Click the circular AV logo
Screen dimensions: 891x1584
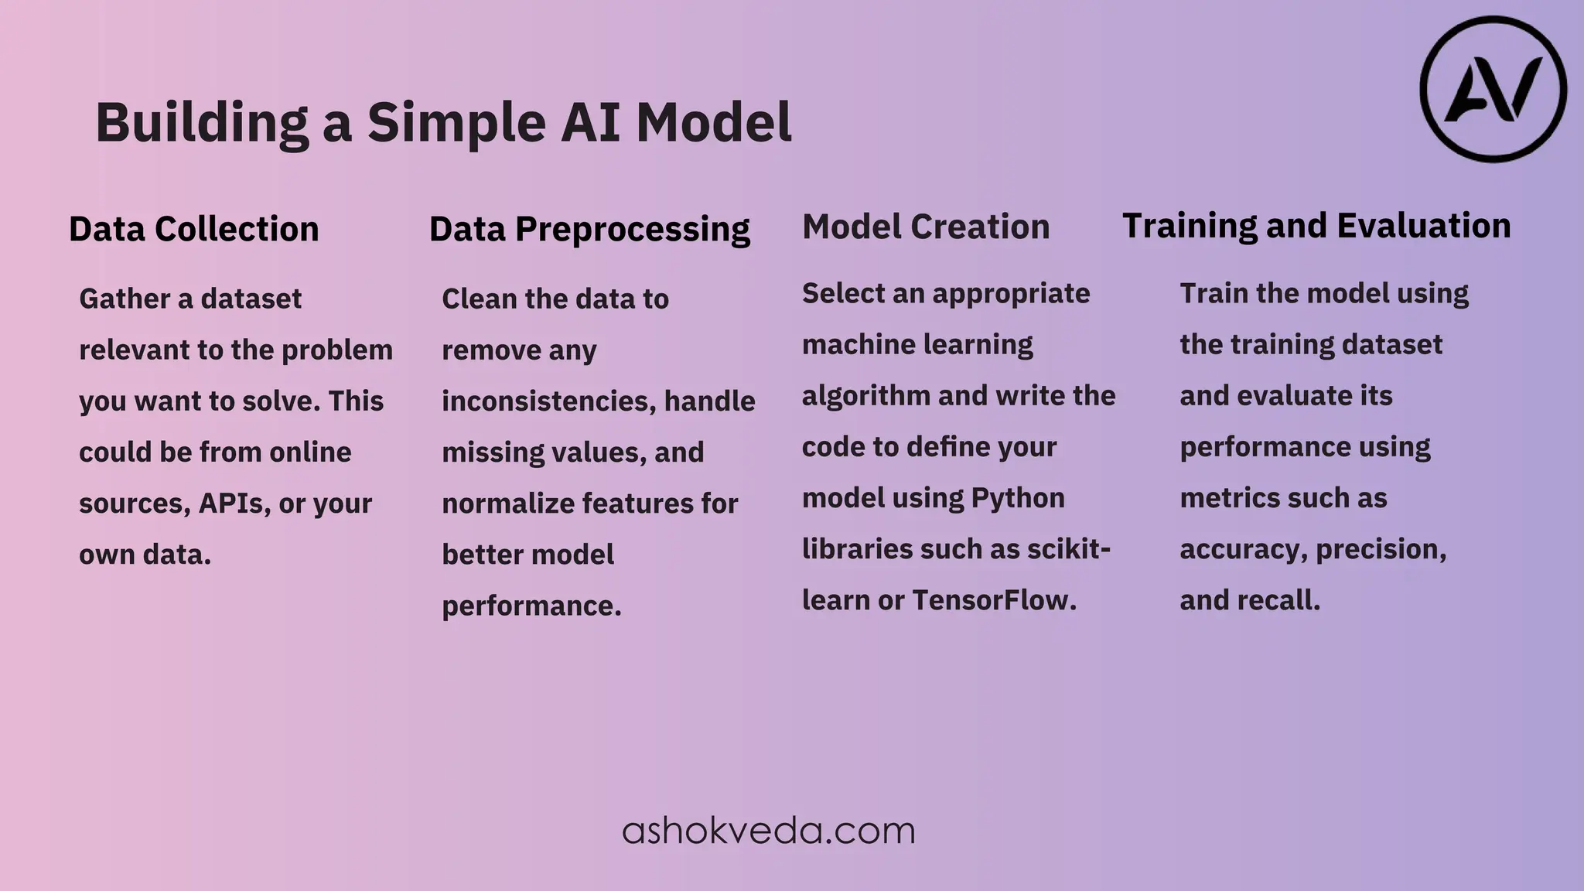[1493, 90]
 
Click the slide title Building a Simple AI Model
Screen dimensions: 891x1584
[443, 122]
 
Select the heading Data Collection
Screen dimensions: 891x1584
[193, 229]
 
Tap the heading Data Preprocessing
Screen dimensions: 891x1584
[589, 229]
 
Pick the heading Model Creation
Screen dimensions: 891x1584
[926, 227]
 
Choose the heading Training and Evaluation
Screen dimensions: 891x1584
[1316, 226]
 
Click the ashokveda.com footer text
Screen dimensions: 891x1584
[768, 831]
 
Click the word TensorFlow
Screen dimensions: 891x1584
[994, 600]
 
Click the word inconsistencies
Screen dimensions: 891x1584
[548, 401]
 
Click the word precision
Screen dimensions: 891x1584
[1381, 549]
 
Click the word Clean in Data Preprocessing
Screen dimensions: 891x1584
[478, 299]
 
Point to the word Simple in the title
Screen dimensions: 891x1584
[456, 122]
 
